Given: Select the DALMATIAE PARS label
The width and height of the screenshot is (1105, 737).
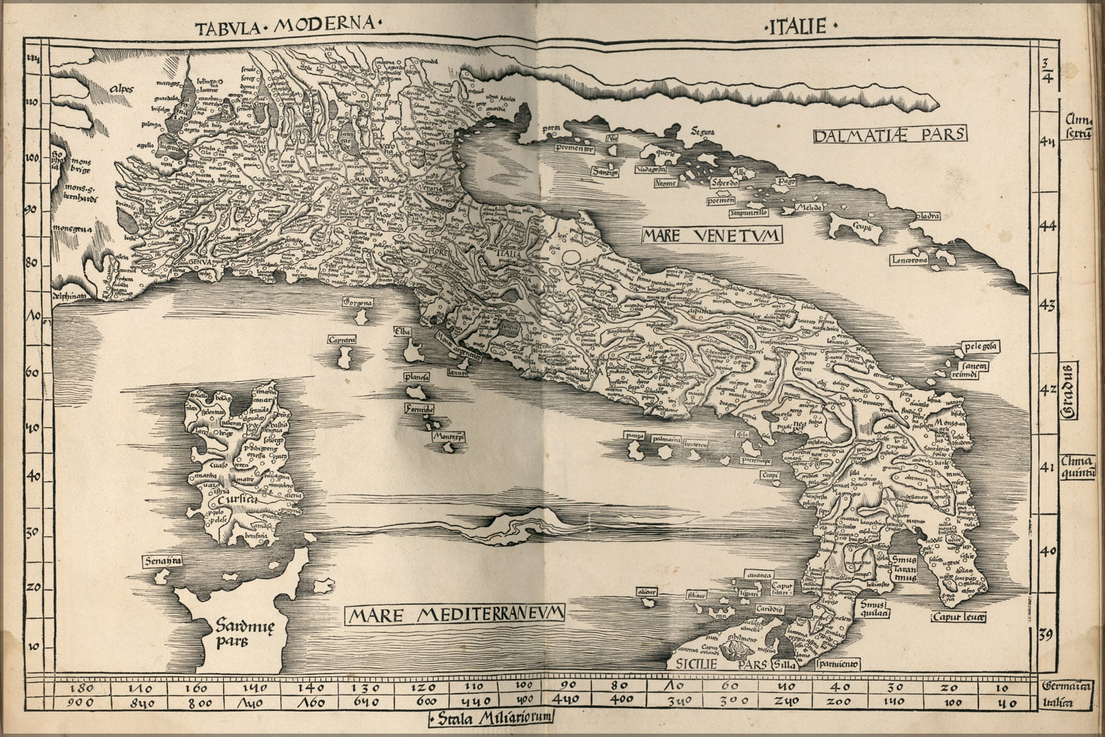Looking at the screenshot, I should [x=889, y=135].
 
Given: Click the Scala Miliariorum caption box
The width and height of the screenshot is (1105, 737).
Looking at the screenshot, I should [x=493, y=718].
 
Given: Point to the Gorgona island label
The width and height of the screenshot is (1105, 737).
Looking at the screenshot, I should [x=357, y=303].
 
